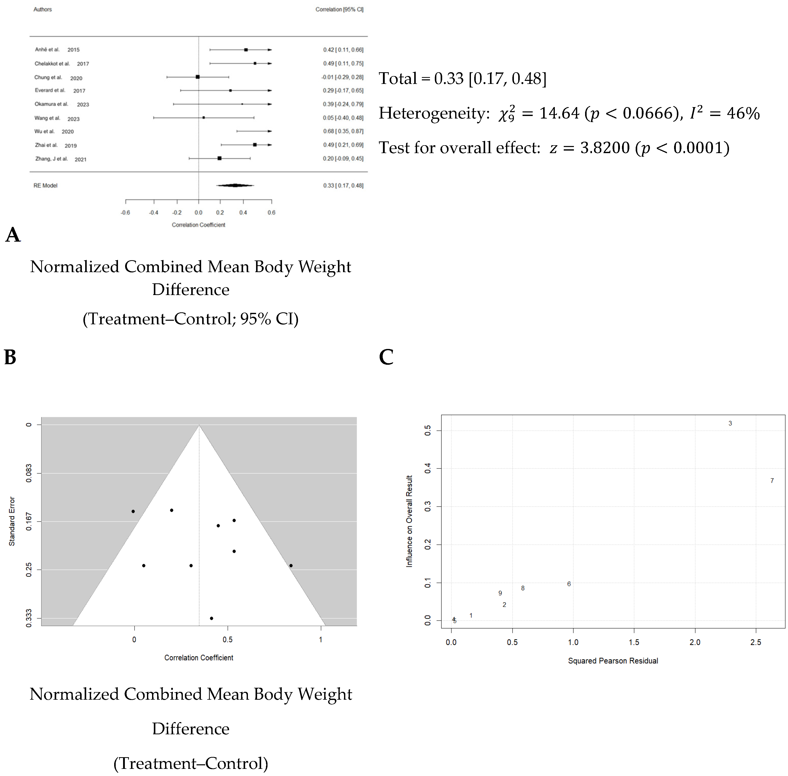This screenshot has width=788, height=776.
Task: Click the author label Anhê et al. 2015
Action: coord(57,50)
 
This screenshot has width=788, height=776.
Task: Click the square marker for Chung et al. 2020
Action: coord(198,77)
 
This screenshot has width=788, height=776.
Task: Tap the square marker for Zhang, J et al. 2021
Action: coord(220,158)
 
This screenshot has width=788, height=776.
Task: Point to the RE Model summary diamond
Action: coord(235,185)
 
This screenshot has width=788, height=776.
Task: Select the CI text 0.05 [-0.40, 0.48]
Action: coord(343,118)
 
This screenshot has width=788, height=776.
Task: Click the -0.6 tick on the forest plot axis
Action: coord(126,212)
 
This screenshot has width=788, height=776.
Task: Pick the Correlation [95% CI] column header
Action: coord(339,9)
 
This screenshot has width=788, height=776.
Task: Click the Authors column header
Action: coord(42,9)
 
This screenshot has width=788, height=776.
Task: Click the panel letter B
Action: coord(10,357)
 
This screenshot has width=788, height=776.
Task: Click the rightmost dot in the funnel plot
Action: coord(291,565)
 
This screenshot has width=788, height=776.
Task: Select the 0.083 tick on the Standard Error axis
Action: coord(28,474)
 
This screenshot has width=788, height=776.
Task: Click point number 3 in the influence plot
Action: coord(730,423)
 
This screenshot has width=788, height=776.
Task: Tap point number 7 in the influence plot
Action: coord(772,481)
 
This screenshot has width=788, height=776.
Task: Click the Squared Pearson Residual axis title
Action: coord(613,661)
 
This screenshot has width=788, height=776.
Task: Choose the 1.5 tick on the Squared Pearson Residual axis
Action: coord(634,642)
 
